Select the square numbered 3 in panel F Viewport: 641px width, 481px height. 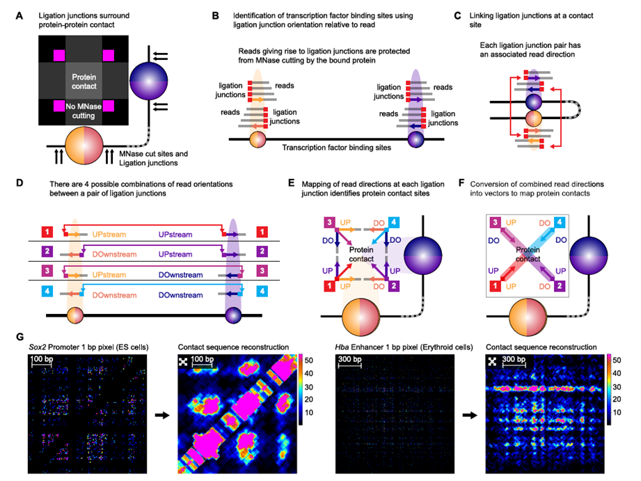click(493, 221)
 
